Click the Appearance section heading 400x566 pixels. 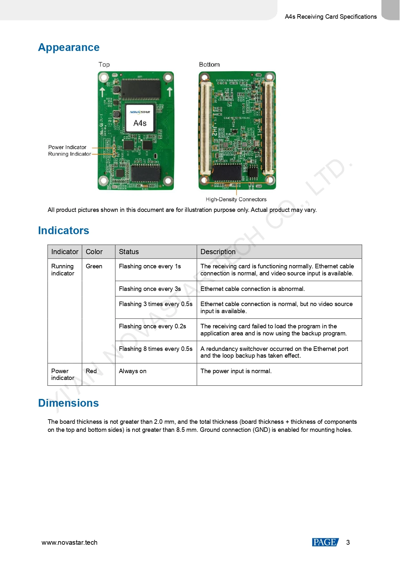click(69, 47)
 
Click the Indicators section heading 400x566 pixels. click(63, 231)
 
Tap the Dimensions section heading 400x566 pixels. click(68, 403)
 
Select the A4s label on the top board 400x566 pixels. click(140, 123)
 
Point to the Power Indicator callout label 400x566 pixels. click(67, 147)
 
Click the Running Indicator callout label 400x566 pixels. click(69, 154)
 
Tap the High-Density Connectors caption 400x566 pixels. click(236, 200)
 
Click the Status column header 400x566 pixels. click(129, 252)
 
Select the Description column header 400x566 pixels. click(218, 252)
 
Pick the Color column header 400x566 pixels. click(94, 252)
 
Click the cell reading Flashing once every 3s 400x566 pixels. click(150, 289)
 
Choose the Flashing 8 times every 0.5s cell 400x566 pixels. click(156, 349)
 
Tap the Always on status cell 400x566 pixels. click(132, 371)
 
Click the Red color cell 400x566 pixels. click(91, 371)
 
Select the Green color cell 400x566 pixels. click(94, 266)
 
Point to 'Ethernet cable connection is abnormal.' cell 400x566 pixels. click(252, 289)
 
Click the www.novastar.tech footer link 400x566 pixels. click(69, 542)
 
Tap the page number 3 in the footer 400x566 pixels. click(348, 542)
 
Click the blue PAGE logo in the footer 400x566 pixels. click(325, 542)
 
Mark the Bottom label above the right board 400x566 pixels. click(209, 65)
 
